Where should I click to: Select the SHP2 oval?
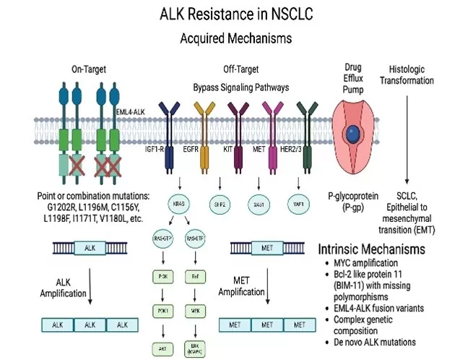(218, 205)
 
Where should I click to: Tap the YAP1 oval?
(295, 205)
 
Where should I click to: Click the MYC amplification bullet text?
(370, 262)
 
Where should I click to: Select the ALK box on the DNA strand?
(92, 248)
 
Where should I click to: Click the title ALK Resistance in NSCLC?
(236, 12)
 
